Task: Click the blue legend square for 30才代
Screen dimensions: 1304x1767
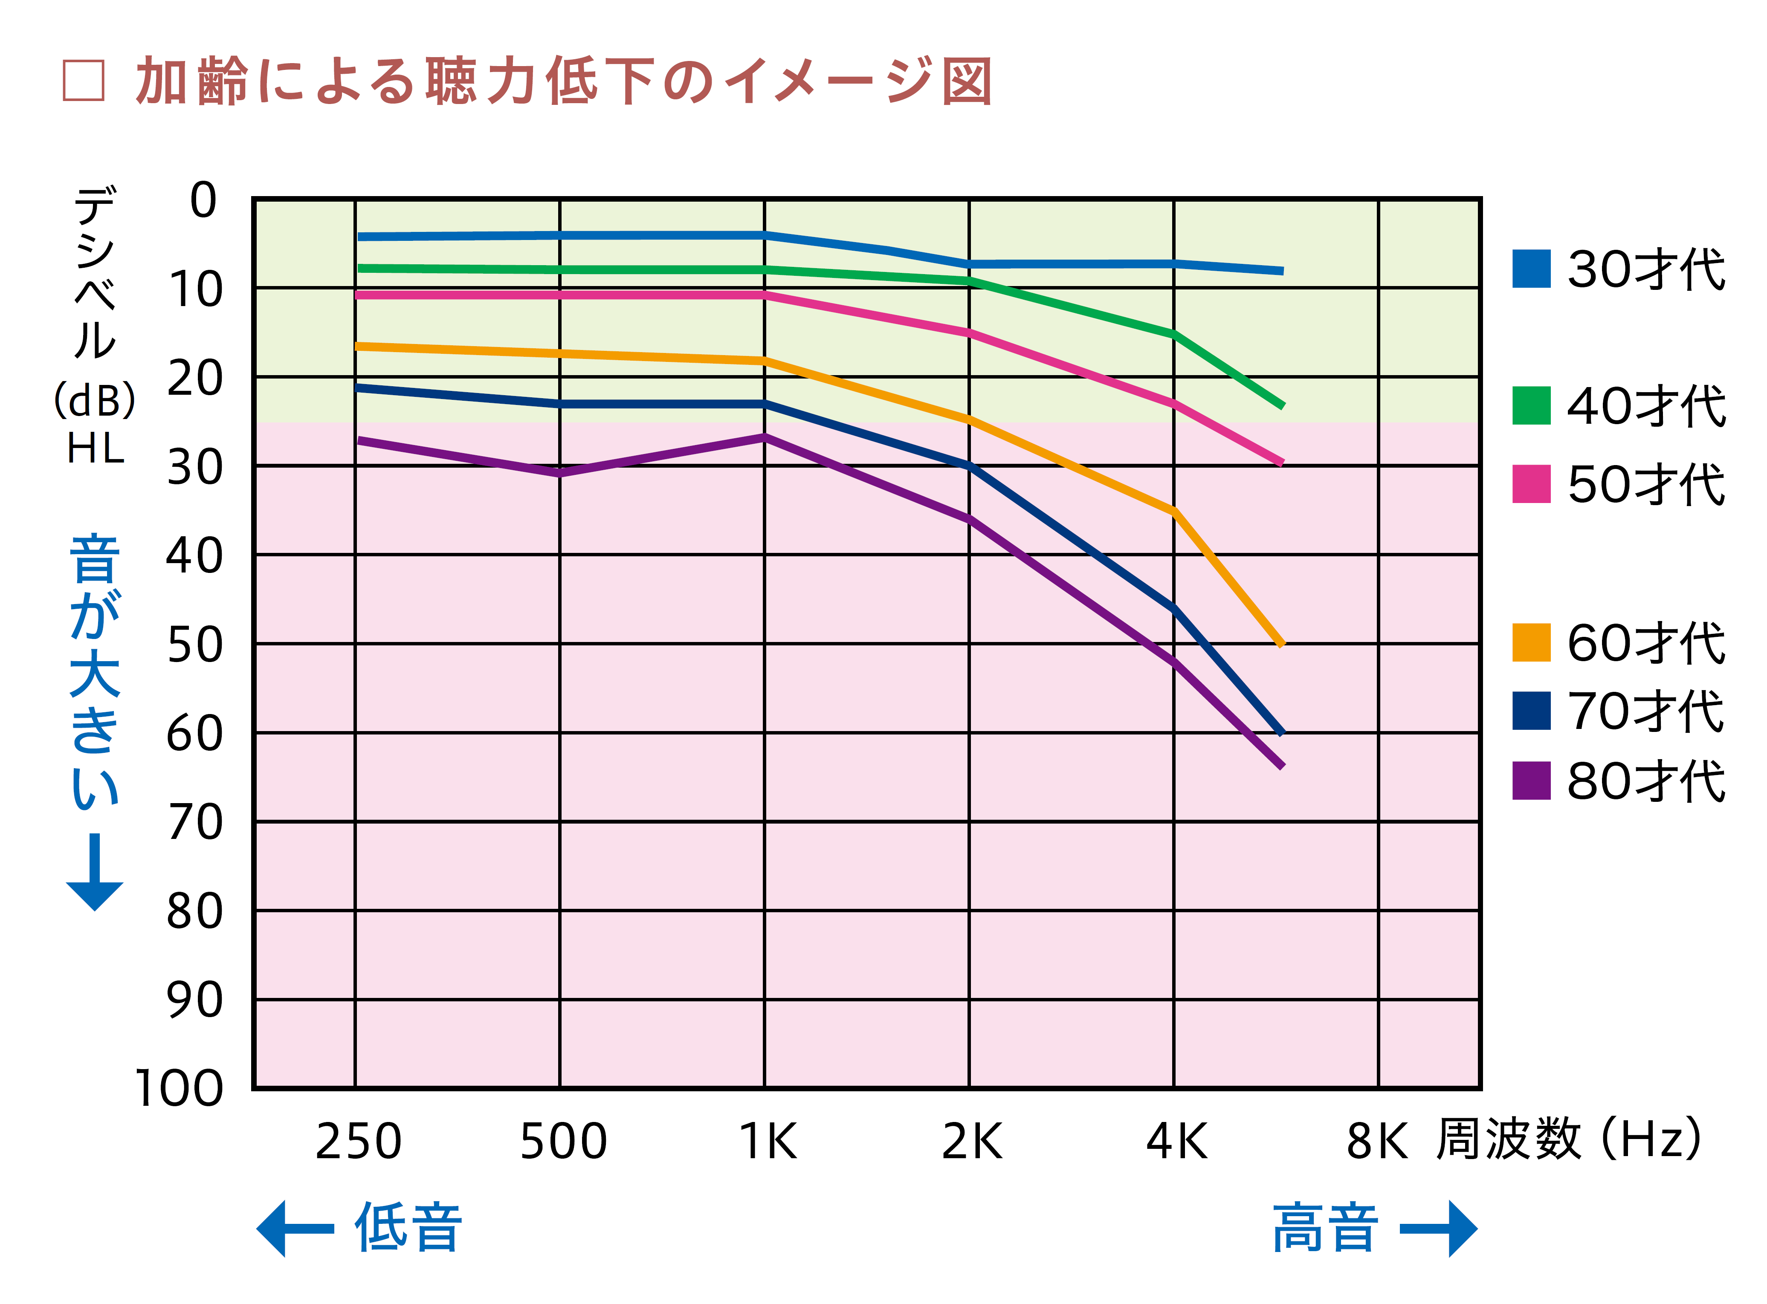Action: click(x=1531, y=269)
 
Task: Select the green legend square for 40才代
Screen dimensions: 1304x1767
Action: click(x=1531, y=406)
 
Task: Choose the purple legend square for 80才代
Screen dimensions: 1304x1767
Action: click(x=1531, y=781)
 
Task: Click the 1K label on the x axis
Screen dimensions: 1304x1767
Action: click(x=768, y=1142)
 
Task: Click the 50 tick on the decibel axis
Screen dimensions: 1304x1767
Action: click(x=195, y=645)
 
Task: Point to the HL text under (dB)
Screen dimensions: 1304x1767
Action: click(x=96, y=449)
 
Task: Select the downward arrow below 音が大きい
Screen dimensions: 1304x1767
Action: click(x=95, y=872)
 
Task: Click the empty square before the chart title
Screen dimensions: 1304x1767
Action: click(x=84, y=81)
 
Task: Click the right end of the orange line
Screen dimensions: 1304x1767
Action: click(x=1280, y=644)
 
